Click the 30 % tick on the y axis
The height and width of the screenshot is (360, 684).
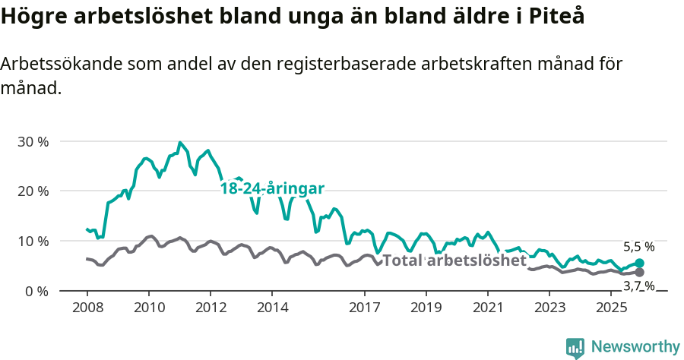point(32,141)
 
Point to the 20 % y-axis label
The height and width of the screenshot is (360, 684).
point(32,191)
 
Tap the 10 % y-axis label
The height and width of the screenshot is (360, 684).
point(32,241)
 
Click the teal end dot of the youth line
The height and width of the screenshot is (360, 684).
point(639,264)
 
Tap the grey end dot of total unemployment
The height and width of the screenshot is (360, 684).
point(639,272)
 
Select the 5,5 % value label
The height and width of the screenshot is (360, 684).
point(638,247)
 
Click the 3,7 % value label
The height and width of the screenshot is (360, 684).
point(638,286)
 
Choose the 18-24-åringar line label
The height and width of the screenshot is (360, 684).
point(272,188)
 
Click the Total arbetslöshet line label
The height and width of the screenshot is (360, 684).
point(454,261)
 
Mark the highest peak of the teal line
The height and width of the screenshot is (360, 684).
point(179,143)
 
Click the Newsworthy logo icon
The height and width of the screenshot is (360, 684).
point(575,348)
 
